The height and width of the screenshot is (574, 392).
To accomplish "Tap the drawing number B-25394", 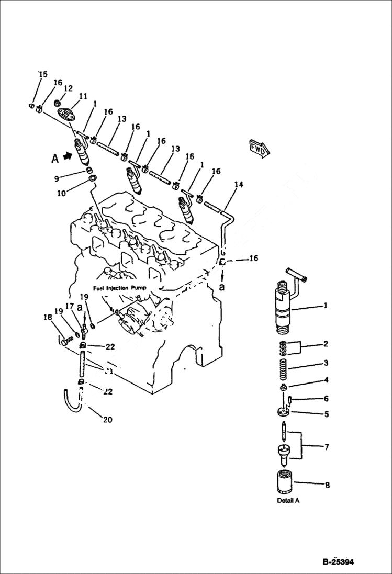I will [x=339, y=562].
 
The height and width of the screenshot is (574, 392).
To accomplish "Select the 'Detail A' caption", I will [x=288, y=500].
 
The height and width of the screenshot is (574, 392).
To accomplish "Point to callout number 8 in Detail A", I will [x=327, y=485].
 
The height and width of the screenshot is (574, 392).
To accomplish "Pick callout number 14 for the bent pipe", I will [x=239, y=184].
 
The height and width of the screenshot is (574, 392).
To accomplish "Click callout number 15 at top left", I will [x=42, y=75].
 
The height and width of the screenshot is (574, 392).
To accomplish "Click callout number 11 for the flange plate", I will [x=83, y=96].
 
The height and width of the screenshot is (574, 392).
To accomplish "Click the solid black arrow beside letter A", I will [x=66, y=155].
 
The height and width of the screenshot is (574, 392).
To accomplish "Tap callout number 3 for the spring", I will [x=325, y=363].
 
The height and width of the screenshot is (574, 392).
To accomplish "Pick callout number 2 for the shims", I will [x=325, y=344].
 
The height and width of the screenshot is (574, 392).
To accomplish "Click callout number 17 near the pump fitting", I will [x=69, y=307].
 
